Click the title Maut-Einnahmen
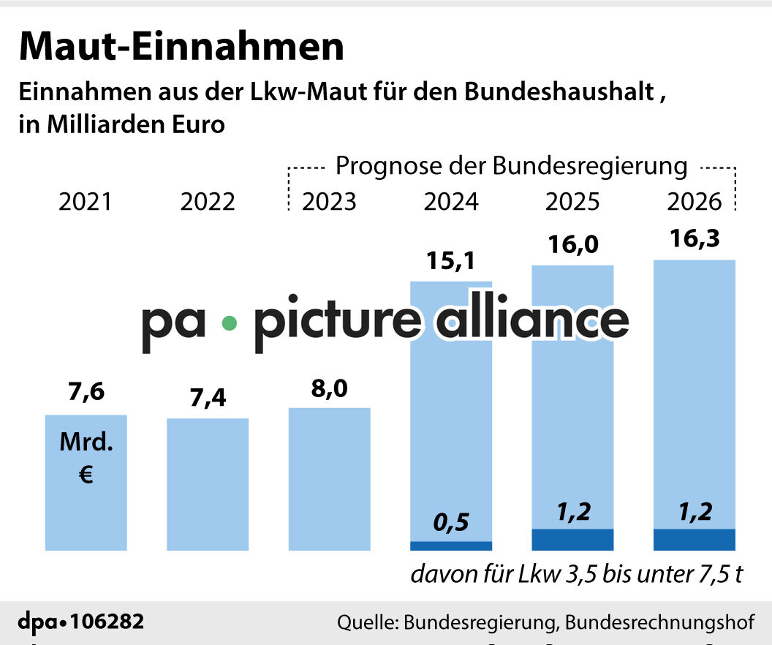click(x=181, y=47)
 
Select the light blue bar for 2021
click(x=86, y=505)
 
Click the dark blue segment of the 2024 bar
click(x=451, y=546)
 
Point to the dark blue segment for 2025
click(x=572, y=540)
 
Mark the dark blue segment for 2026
click(x=694, y=540)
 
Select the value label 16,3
click(x=694, y=239)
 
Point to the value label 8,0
click(x=329, y=389)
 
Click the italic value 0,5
click(x=451, y=523)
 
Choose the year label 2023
click(x=329, y=201)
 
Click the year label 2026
click(x=694, y=201)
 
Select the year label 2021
click(x=86, y=201)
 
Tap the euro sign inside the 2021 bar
click(x=86, y=476)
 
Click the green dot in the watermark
click(x=229, y=322)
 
